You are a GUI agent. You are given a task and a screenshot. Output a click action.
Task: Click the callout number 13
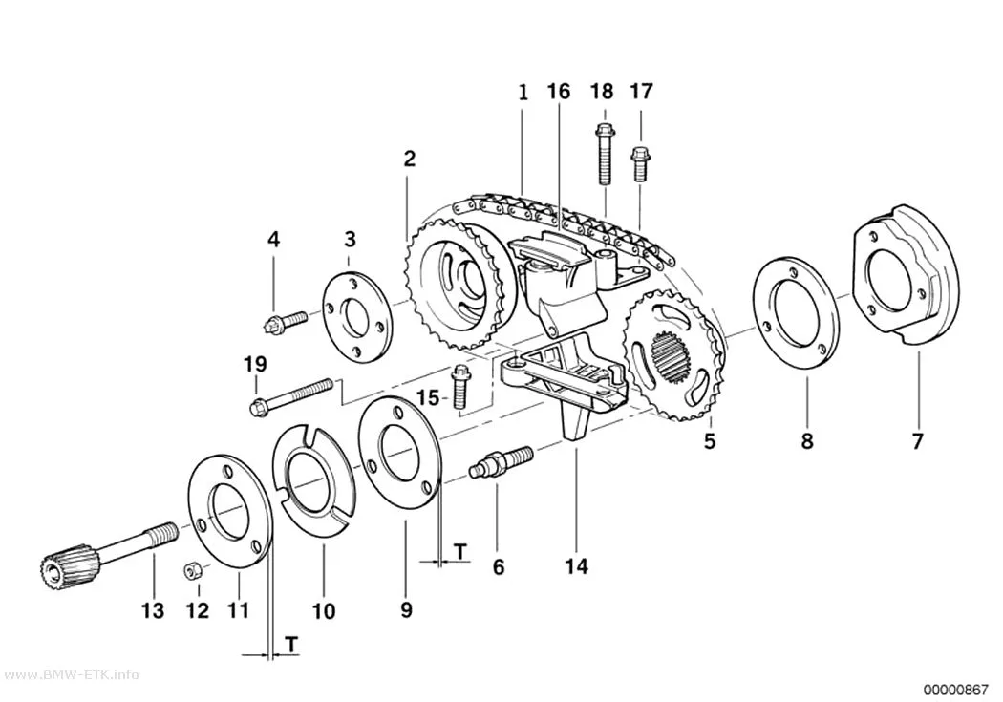153,611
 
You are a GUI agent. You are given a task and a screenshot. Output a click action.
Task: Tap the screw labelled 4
286,320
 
